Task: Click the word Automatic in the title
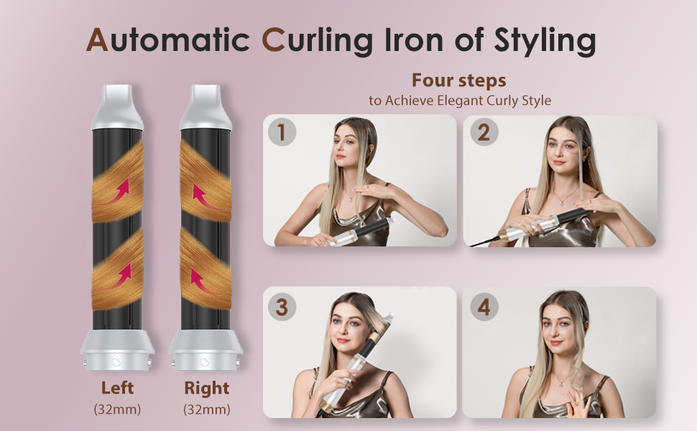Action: pos(167,40)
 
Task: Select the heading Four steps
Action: pos(458,80)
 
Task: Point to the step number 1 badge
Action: pos(282,132)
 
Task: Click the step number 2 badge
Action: pos(484,132)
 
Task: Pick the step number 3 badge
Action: pos(282,307)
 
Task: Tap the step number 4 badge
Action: pos(484,307)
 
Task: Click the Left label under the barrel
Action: pos(117,388)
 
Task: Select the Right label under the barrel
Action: pos(207,388)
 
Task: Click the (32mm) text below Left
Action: pos(117,409)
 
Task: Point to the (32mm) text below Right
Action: pos(207,409)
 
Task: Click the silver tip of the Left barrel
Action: pos(117,107)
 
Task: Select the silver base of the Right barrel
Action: pos(206,350)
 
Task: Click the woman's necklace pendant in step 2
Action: pos(563,203)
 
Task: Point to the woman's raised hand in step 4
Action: pos(579,402)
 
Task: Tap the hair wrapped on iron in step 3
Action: pos(377,331)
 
